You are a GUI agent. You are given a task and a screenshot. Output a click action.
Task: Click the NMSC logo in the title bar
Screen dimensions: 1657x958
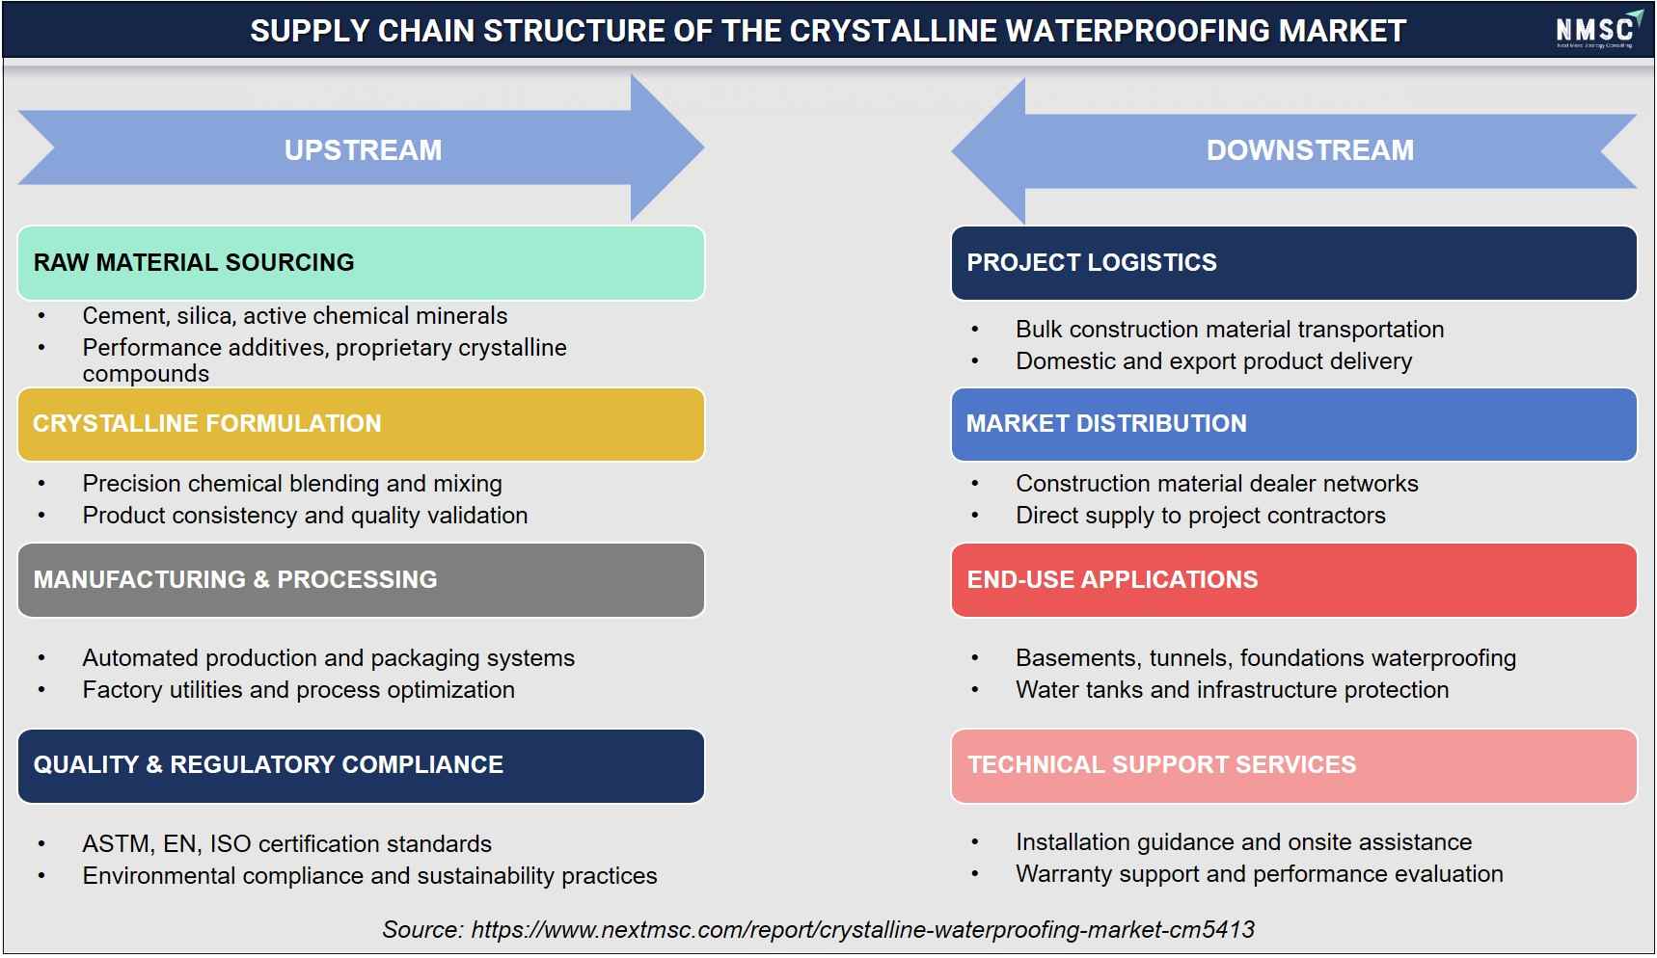tap(1598, 30)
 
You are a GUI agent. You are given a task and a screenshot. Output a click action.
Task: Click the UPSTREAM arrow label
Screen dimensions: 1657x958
tap(363, 150)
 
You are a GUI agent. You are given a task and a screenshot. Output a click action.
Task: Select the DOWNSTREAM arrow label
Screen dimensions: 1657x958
tap(1310, 150)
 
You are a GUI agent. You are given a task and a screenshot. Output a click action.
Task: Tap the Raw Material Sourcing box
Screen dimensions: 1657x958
tap(361, 263)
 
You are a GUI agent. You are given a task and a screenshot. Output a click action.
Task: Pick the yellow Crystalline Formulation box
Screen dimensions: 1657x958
tap(361, 424)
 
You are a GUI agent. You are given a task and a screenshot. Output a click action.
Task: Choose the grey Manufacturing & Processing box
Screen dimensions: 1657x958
tap(361, 580)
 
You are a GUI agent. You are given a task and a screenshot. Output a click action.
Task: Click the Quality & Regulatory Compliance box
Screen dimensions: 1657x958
tap(361, 765)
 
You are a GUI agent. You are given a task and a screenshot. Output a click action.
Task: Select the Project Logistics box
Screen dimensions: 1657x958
tap(1293, 263)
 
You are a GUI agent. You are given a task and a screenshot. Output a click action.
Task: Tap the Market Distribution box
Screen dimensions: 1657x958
tap(1293, 424)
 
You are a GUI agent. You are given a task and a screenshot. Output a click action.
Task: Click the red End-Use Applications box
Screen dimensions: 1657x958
tap(1293, 580)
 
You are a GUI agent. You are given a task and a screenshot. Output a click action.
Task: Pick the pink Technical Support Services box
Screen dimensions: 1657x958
tap(1293, 765)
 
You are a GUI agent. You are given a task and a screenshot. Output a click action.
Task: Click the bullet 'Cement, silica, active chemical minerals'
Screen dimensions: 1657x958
tap(294, 316)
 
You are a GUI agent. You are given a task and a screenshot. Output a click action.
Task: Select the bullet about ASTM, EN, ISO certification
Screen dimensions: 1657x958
tap(286, 844)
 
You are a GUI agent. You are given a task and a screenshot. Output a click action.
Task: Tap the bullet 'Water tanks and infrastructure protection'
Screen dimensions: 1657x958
tap(1232, 690)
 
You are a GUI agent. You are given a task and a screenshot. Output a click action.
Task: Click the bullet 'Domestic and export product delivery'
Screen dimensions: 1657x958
tap(1213, 361)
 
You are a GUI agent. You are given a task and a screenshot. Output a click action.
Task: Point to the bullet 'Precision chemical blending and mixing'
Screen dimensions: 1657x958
tap(292, 484)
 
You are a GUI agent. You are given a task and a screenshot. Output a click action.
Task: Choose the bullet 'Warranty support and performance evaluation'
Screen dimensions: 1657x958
tap(1259, 874)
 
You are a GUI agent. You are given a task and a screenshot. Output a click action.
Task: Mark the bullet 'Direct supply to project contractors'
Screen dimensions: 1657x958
tap(1200, 516)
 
